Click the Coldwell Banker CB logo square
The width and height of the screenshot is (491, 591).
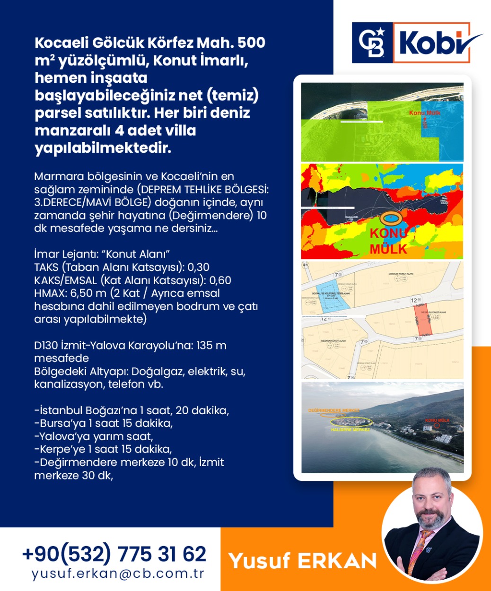pyautogui.click(x=372, y=43)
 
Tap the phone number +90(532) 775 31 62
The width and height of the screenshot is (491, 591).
pyautogui.click(x=114, y=554)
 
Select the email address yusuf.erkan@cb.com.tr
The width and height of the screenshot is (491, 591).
pyautogui.click(x=118, y=574)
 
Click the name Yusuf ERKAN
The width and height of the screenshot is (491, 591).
pyautogui.click(x=303, y=561)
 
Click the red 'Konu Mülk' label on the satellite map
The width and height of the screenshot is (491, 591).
pyautogui.click(x=424, y=113)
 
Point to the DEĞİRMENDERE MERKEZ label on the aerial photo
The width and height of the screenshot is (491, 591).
pyautogui.click(x=333, y=410)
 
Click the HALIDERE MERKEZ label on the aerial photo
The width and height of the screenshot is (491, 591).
pyautogui.click(x=351, y=430)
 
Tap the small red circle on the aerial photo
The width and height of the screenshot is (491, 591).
pyautogui.click(x=437, y=426)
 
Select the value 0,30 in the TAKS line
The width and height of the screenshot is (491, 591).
pyautogui.click(x=198, y=267)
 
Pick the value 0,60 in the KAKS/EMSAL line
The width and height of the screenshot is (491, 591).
pyautogui.click(x=220, y=280)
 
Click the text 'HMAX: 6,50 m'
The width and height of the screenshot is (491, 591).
pyautogui.click(x=70, y=293)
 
